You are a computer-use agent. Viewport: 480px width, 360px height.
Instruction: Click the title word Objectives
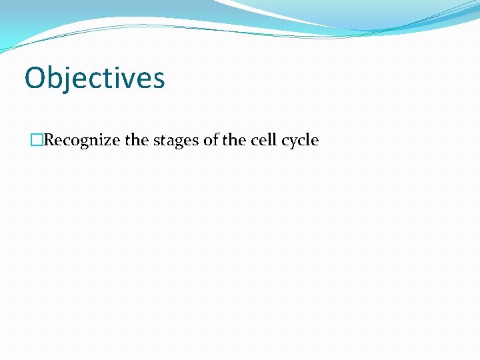click(95, 77)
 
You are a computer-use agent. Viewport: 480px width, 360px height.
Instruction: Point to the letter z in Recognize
click(109, 141)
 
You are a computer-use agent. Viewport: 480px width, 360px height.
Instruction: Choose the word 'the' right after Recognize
click(135, 141)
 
